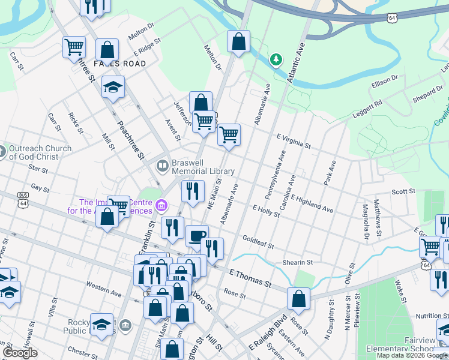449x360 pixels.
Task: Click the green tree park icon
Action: point(276,59)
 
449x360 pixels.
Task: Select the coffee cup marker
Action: point(197,236)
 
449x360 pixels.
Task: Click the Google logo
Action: point(20,353)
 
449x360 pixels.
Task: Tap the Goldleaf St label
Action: point(258,242)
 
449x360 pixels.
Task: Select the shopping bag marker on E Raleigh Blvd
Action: point(298,298)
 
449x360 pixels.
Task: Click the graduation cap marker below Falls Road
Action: point(113,87)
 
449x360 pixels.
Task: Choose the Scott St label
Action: point(403,191)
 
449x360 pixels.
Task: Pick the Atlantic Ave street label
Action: point(297,62)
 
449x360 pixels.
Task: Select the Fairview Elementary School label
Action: point(425,344)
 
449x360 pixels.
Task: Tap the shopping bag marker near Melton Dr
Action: point(238,42)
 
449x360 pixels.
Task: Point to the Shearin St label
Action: point(298,262)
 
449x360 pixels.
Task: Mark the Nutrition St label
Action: point(428,316)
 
